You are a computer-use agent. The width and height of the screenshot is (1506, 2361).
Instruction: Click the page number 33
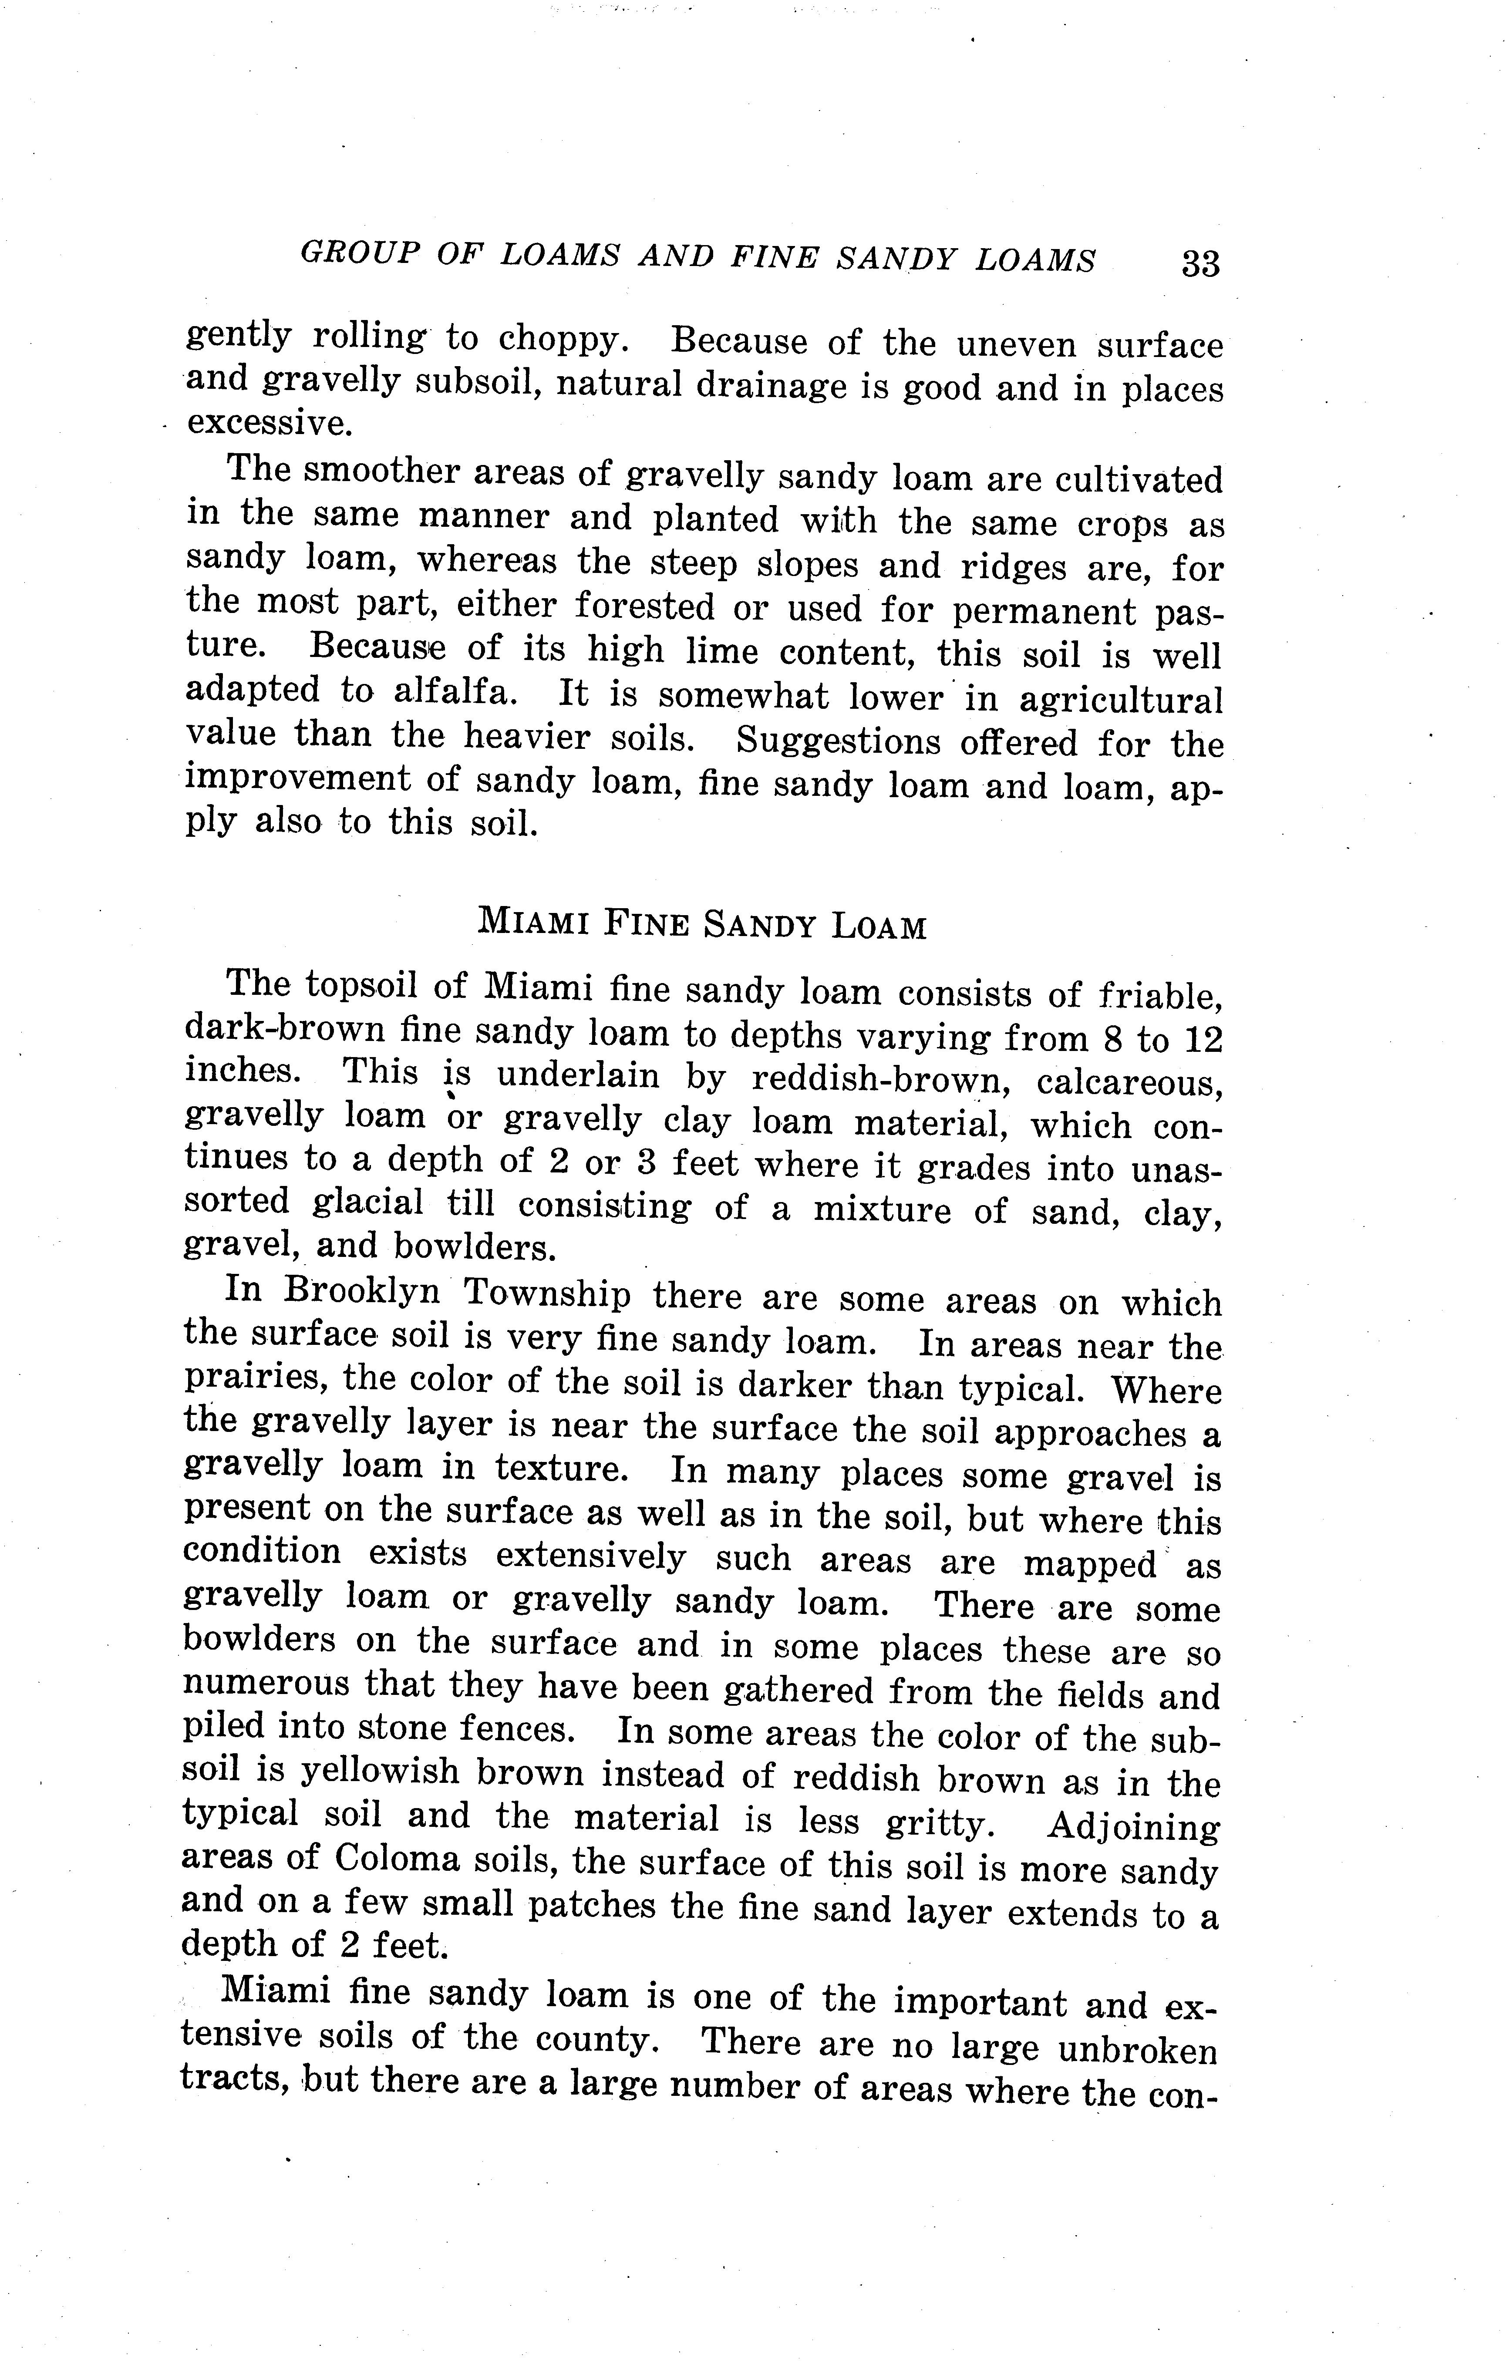(1200, 264)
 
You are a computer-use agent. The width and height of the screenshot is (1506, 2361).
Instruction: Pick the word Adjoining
(1133, 1827)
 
